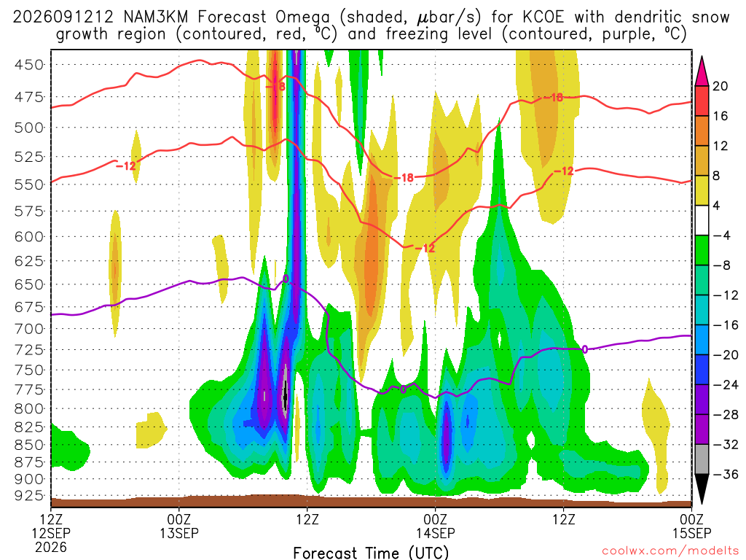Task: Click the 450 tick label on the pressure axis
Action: click(29, 64)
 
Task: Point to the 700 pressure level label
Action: click(29, 329)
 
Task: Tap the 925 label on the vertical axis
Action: click(29, 496)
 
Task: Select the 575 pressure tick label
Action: click(29, 211)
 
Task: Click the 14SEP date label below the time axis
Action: click(436, 533)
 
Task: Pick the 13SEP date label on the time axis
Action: click(179, 533)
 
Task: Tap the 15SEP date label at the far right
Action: click(692, 533)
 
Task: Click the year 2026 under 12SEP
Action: click(51, 547)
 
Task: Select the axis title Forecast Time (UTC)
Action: click(371, 553)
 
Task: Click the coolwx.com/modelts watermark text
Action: click(670, 551)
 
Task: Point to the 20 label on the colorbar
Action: click(720, 86)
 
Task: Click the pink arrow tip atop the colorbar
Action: click(702, 57)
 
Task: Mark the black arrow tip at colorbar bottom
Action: click(702, 503)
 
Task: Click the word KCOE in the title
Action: click(543, 17)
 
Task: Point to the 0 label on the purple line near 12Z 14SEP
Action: click(585, 349)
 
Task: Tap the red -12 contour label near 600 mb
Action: click(425, 248)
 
